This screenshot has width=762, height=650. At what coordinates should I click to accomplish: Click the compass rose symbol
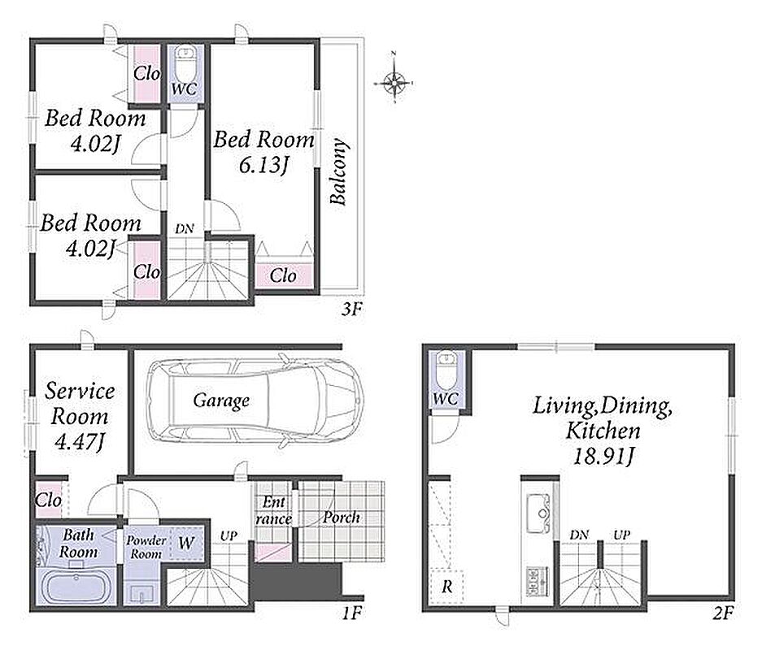(x=394, y=83)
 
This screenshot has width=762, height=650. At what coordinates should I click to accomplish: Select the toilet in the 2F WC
(x=445, y=370)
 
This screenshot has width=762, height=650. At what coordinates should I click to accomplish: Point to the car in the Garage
(x=255, y=400)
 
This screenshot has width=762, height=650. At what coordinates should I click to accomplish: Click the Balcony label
(x=338, y=171)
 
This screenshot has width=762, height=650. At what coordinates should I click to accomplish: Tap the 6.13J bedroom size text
(x=263, y=166)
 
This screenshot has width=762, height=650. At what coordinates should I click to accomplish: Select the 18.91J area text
(x=604, y=456)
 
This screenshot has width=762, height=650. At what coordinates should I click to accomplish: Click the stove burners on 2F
(x=537, y=581)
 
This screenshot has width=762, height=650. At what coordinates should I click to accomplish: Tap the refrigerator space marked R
(x=447, y=587)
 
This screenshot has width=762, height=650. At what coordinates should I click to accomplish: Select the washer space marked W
(x=186, y=542)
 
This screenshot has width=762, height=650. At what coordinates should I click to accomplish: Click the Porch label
(x=342, y=518)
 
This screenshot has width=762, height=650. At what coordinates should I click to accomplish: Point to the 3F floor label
(x=352, y=310)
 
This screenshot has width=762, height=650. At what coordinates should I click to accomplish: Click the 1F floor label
(x=352, y=613)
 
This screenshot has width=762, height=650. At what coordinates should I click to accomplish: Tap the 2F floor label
(x=723, y=613)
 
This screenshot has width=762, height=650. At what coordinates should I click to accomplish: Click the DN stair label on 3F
(x=184, y=228)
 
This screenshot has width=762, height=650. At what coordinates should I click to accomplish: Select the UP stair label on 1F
(x=229, y=536)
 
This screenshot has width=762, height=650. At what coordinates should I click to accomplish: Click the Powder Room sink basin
(x=142, y=593)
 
